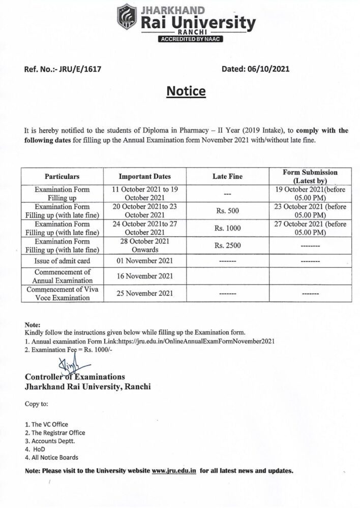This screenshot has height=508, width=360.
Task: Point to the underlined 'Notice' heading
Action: pos(187,91)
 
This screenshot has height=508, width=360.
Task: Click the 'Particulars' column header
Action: pos(62,177)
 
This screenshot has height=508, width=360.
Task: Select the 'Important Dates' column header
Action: pos(145,177)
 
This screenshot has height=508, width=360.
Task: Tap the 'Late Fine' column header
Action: pos(227,177)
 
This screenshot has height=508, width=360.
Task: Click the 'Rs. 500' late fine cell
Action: pos(227,210)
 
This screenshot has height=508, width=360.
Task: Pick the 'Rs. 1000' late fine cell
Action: pos(227,228)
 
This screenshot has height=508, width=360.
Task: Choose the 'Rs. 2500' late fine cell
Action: pos(227,245)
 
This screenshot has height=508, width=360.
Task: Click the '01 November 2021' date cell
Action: pos(145,261)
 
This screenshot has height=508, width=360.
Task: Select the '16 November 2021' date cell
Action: pos(145,276)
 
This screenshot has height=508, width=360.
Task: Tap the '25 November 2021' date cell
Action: pos(145,293)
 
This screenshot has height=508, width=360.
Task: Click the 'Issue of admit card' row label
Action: pos(62,261)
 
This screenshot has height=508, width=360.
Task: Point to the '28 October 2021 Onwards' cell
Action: pos(145,245)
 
